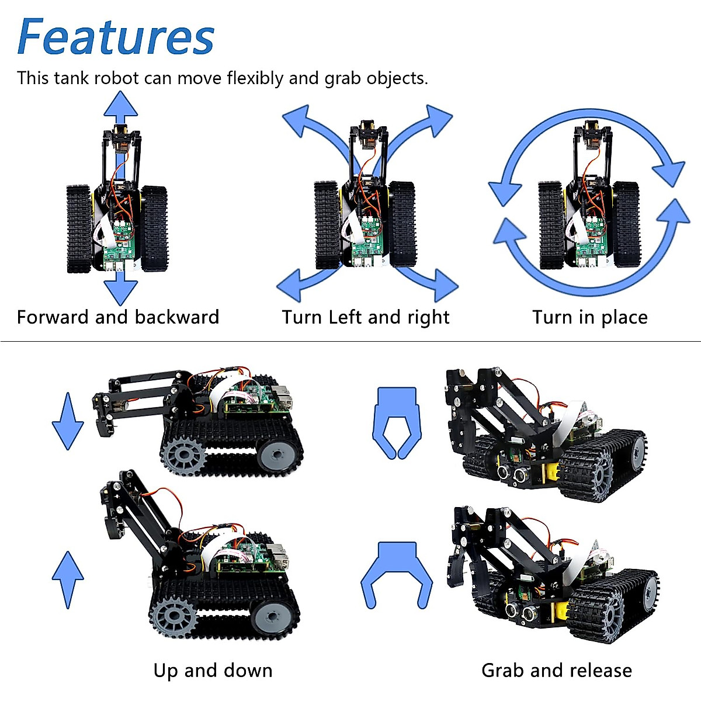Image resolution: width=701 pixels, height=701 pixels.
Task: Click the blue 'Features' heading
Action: tap(116, 37)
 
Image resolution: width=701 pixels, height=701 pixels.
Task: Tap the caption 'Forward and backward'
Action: tap(118, 317)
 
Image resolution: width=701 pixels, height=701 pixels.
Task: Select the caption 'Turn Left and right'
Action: tap(366, 317)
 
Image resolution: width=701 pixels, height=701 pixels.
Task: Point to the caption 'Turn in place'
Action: tap(590, 317)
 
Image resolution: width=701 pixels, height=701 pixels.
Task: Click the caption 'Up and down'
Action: tap(213, 670)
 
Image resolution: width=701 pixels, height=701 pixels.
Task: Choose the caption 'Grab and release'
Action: tap(556, 670)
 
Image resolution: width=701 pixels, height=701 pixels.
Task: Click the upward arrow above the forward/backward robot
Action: tap(121, 106)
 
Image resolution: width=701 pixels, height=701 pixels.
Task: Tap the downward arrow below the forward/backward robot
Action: tap(121, 290)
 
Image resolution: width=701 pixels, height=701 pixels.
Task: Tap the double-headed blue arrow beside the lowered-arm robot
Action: tap(68, 421)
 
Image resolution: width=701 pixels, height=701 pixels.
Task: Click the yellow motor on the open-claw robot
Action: tap(560, 611)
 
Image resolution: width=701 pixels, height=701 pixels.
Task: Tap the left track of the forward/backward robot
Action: tap(79, 229)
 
